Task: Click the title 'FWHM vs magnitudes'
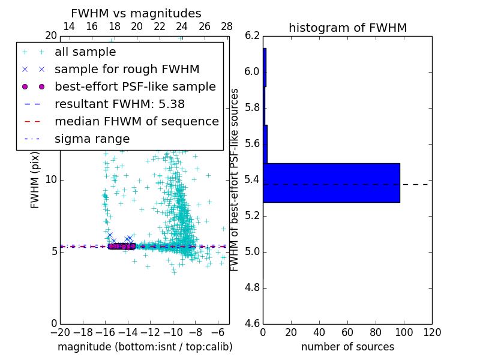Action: pyautogui.click(x=136, y=13)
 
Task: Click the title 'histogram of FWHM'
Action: pyautogui.click(x=347, y=28)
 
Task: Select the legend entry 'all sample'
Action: pyautogui.click(x=85, y=52)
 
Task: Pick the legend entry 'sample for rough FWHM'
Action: pyautogui.click(x=127, y=69)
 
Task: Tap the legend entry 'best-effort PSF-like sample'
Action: pyautogui.click(x=135, y=86)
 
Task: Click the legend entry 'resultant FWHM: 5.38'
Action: pyautogui.click(x=119, y=104)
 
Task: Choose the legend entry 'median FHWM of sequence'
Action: pyautogui.click(x=136, y=121)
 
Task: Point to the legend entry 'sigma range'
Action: pyautogui.click(x=92, y=139)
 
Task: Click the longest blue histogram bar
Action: pyautogui.click(x=331, y=182)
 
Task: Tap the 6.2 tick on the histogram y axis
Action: pyautogui.click(x=252, y=36)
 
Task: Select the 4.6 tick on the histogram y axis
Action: pyautogui.click(x=252, y=323)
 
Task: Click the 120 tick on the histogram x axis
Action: pyautogui.click(x=432, y=332)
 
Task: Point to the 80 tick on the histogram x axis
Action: pyautogui.click(x=376, y=332)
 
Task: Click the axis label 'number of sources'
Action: pyautogui.click(x=347, y=347)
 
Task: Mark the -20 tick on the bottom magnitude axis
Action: pyautogui.click(x=60, y=332)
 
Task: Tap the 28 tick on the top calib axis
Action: pyautogui.click(x=227, y=26)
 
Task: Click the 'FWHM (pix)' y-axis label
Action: pyautogui.click(x=35, y=182)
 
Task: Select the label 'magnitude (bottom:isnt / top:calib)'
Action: pyautogui.click(x=145, y=347)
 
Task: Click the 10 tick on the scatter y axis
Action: pyautogui.click(x=50, y=179)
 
